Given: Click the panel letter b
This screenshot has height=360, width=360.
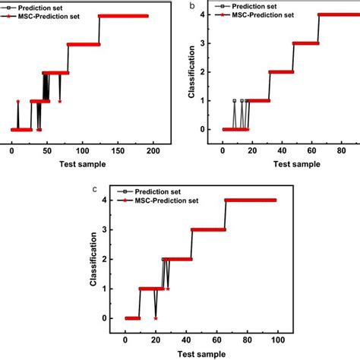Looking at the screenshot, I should coord(192,5).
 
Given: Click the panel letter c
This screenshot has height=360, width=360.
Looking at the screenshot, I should coord(93,188).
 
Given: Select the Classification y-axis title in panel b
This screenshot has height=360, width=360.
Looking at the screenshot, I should coord(192,75).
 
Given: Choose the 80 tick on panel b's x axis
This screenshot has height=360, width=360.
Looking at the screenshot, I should coord(339,150).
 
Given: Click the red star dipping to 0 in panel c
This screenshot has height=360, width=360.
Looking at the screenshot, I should coord(156,318).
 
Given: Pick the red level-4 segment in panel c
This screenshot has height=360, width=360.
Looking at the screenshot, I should coord(251,201).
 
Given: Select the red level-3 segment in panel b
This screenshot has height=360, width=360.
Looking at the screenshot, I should coord(305,43).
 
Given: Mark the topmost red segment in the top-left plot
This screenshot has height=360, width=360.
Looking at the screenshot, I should coord(123,16).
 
